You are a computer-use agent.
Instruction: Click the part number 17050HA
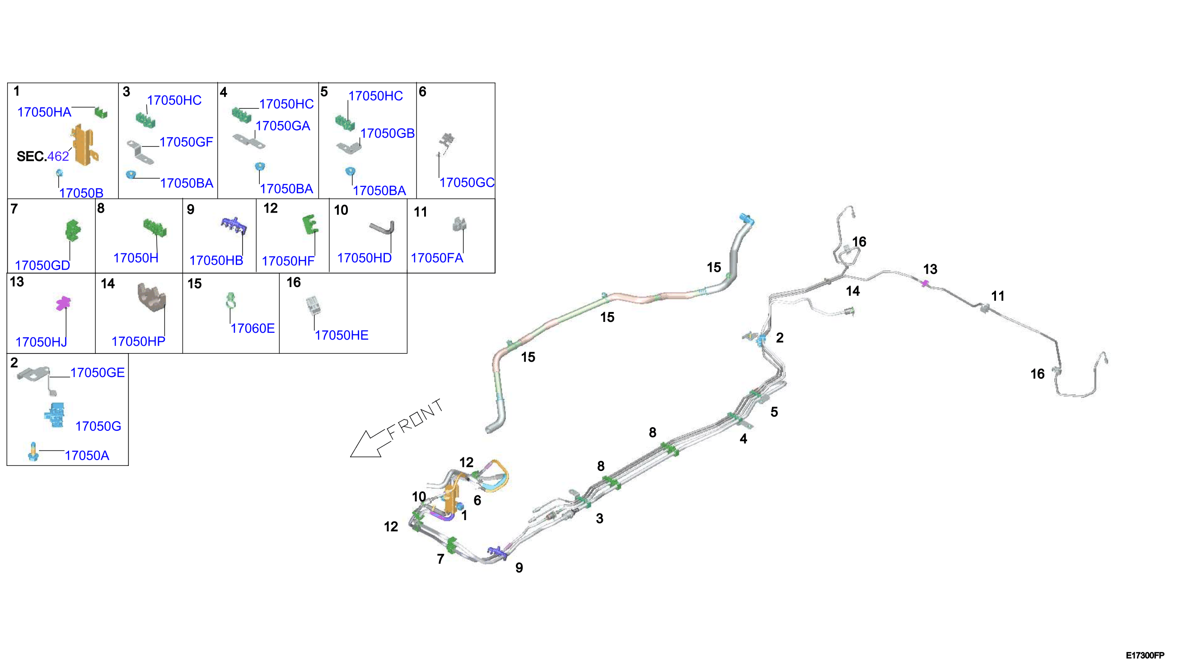[x=44, y=112]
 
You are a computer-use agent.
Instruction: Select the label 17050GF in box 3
[x=187, y=142]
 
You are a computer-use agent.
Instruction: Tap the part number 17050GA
[x=283, y=126]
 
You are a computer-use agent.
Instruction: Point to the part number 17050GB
[x=387, y=134]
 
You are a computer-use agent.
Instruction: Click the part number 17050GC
[x=467, y=183]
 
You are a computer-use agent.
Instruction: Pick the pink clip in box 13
[x=63, y=303]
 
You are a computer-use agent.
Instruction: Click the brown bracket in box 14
[x=151, y=297]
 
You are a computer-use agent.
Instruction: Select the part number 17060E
[x=252, y=329]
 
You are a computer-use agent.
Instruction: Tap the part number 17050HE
[x=341, y=335]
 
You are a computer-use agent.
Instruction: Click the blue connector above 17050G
[x=55, y=415]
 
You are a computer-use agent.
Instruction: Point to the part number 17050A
[x=87, y=456]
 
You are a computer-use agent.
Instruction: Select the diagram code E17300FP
[x=1145, y=655]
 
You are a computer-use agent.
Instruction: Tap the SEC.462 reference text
[x=43, y=157]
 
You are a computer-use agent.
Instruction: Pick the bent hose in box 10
[x=382, y=228]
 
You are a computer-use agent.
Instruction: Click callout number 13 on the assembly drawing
[x=930, y=269]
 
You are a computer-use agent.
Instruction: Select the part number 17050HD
[x=364, y=258]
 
